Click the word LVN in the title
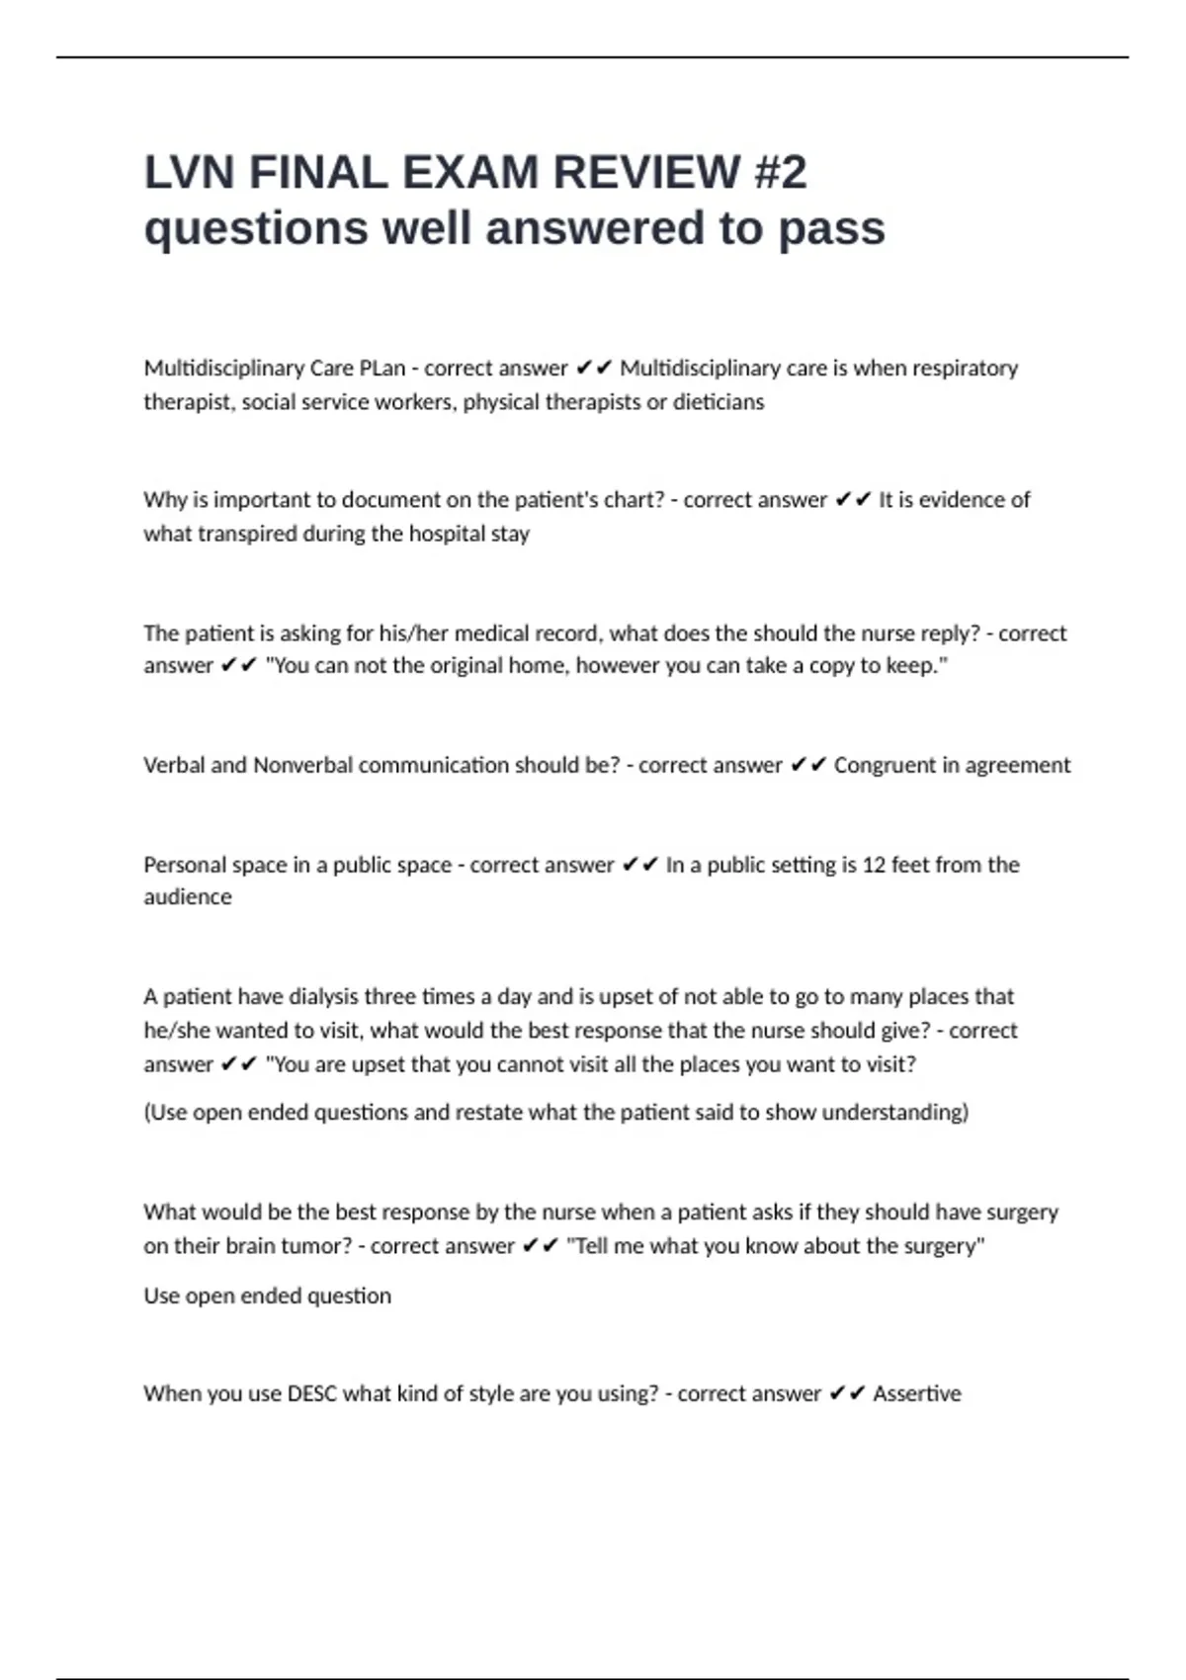(190, 173)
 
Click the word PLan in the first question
(381, 369)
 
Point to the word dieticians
(719, 402)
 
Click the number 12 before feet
(874, 866)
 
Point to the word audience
(188, 897)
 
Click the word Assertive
(916, 1394)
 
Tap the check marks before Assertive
(847, 1394)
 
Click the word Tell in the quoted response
(589, 1246)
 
